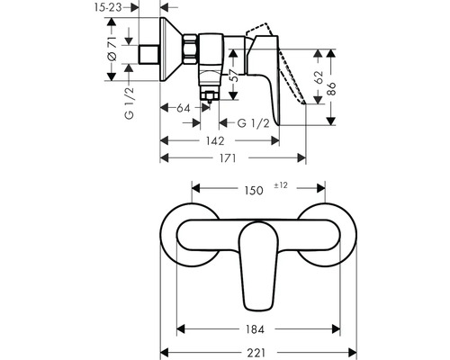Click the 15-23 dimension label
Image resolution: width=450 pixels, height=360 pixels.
point(108,7)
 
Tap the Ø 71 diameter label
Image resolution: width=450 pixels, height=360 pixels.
point(112,49)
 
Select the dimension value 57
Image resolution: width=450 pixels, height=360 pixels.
point(235,75)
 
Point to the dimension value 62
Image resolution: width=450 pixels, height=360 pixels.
point(319,77)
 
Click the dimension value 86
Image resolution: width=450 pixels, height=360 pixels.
point(331,88)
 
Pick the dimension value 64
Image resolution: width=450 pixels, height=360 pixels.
point(184,108)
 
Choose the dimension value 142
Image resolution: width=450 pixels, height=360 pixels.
point(215,140)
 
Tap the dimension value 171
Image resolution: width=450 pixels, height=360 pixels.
point(228,158)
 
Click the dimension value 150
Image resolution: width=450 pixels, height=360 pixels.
point(254,191)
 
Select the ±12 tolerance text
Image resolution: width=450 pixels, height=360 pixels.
point(281,185)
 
